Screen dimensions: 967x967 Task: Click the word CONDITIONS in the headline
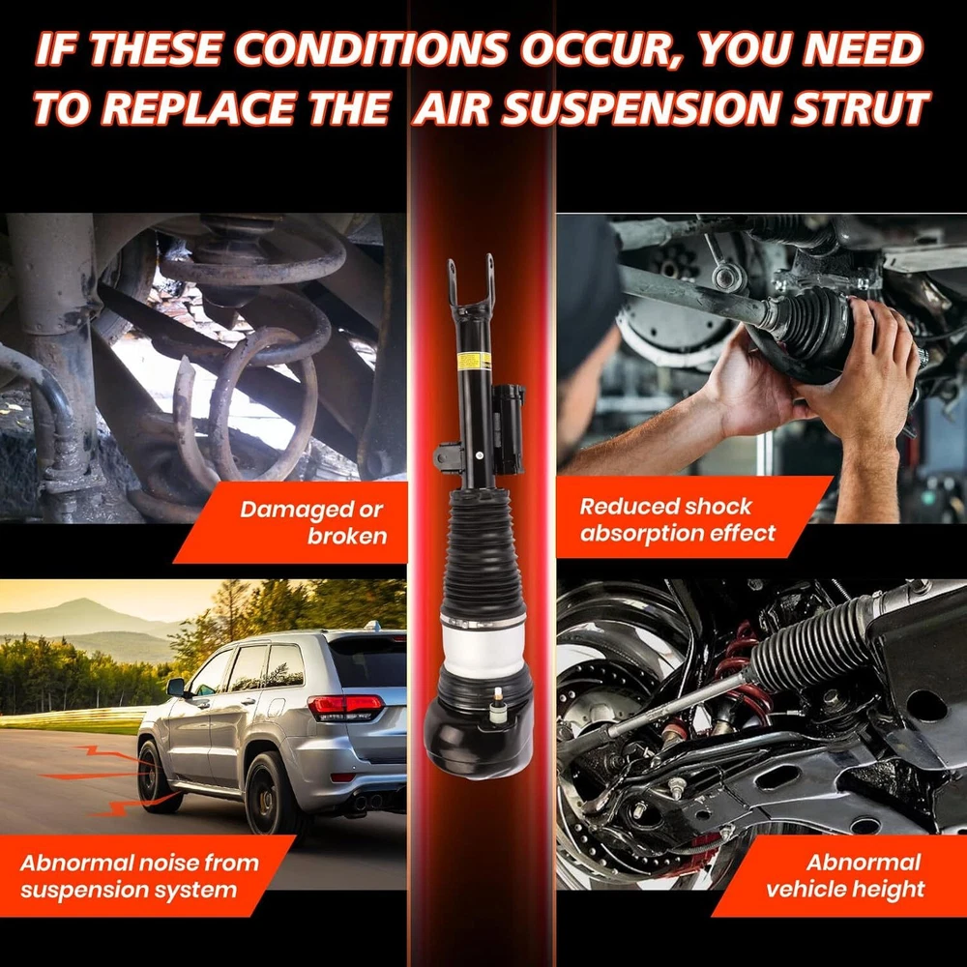point(371,48)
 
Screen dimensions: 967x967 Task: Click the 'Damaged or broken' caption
point(312,522)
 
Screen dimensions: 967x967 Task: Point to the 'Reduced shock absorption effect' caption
point(677,519)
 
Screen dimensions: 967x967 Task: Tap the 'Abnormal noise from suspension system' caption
point(139,876)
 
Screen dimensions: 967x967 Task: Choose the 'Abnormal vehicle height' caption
point(845,875)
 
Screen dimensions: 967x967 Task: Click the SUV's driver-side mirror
point(176,687)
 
